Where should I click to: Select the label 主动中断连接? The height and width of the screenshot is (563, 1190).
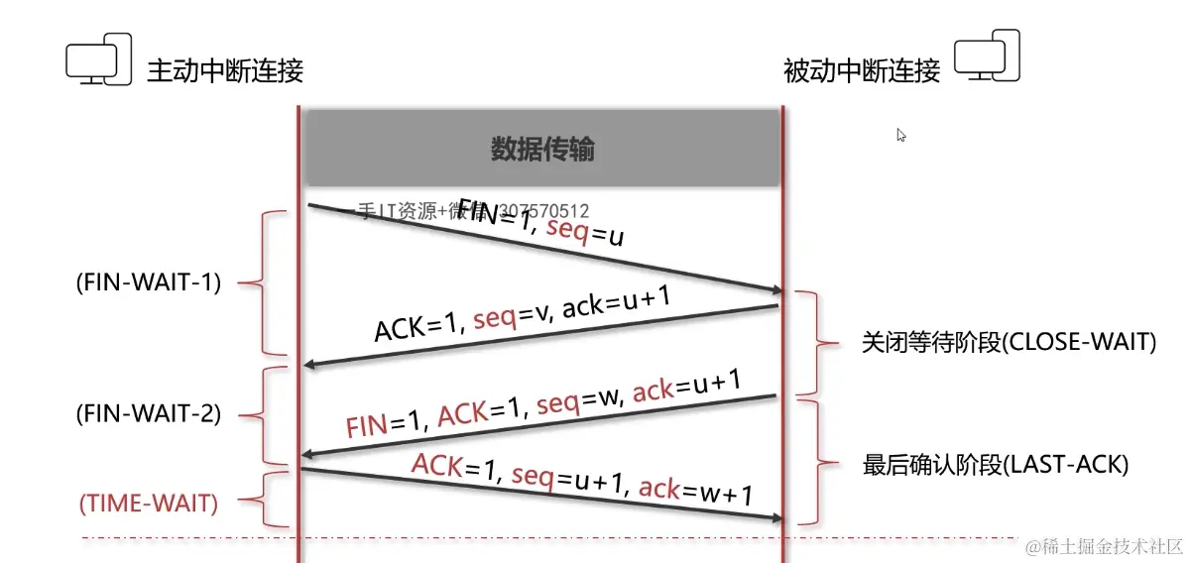pos(225,71)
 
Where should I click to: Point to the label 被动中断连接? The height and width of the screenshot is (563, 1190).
pos(861,71)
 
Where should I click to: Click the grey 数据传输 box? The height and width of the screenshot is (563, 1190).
pos(542,149)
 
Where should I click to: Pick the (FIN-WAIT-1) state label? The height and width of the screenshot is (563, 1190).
pos(149,282)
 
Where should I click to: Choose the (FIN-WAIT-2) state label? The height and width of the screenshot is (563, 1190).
pos(149,414)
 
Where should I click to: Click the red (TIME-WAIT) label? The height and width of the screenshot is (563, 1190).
pos(149,503)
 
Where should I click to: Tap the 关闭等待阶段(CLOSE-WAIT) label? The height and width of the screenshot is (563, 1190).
pos(1010,343)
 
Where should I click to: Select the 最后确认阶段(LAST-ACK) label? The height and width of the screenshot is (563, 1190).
pos(996,464)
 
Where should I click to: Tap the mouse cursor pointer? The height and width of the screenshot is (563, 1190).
pos(901,136)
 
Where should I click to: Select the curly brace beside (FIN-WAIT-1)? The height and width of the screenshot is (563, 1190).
pos(260,282)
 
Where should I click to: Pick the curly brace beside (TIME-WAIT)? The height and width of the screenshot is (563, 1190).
pos(260,501)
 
